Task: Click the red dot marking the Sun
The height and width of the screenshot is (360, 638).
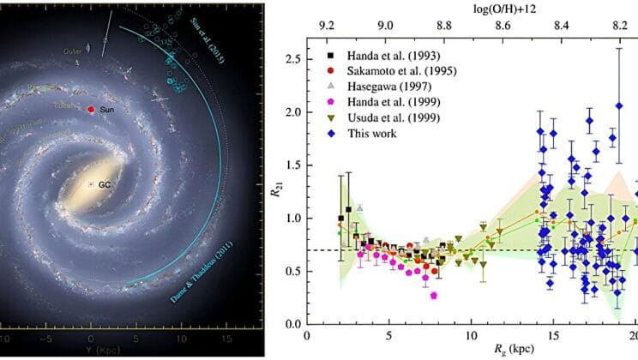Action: (x=91, y=111)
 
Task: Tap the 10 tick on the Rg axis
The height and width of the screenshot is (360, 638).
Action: (x=471, y=334)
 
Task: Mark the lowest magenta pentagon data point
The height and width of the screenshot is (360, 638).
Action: (x=434, y=295)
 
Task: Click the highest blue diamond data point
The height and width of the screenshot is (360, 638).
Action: (x=619, y=105)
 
